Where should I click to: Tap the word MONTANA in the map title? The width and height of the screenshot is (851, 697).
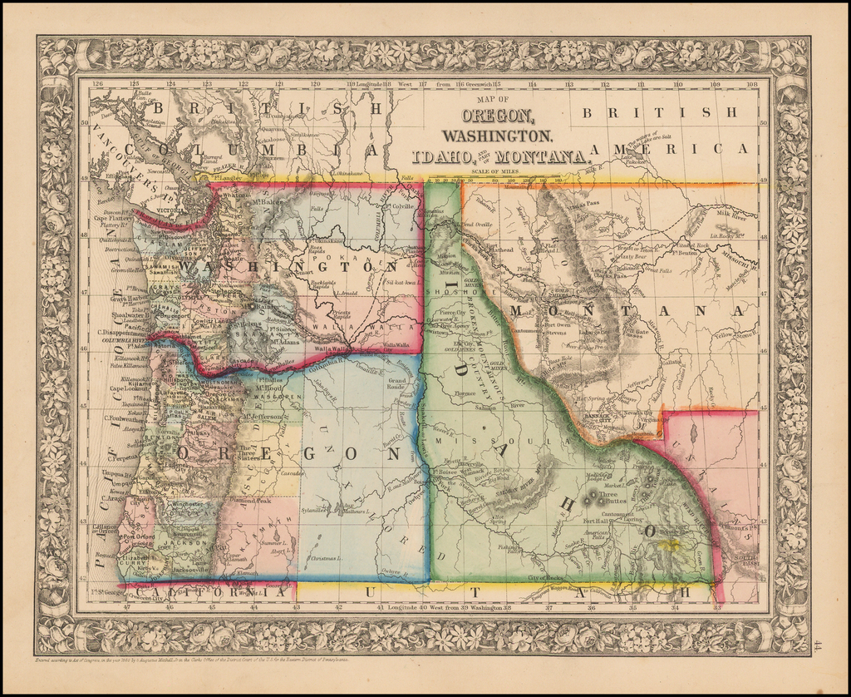pyautogui.click(x=543, y=156)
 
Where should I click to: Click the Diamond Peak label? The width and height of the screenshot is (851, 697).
pyautogui.click(x=250, y=502)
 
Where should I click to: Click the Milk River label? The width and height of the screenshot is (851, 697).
pyautogui.click(x=729, y=214)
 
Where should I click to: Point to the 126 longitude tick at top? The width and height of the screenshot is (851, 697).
pyautogui.click(x=98, y=83)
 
